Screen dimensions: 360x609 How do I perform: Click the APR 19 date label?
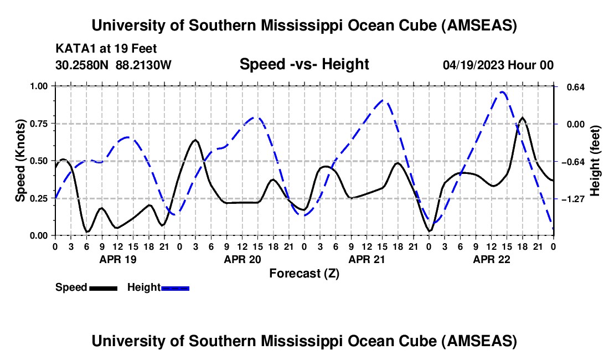117,259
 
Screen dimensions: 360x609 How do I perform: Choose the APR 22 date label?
491,259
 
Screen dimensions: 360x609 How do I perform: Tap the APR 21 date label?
367,259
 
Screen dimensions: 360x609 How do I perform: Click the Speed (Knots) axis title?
20,161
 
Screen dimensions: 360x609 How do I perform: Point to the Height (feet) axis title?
595,161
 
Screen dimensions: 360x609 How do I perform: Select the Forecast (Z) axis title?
304,273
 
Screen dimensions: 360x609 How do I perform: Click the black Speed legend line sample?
102,287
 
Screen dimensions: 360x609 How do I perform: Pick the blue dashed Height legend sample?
176,287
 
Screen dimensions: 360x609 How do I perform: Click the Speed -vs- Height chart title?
304,64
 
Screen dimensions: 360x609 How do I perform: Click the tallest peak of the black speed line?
522,117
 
